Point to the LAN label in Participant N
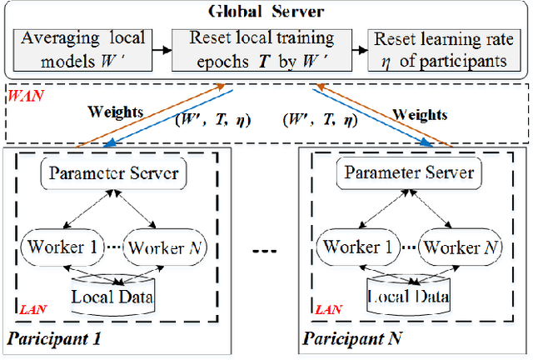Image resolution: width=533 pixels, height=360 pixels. [328, 309]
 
